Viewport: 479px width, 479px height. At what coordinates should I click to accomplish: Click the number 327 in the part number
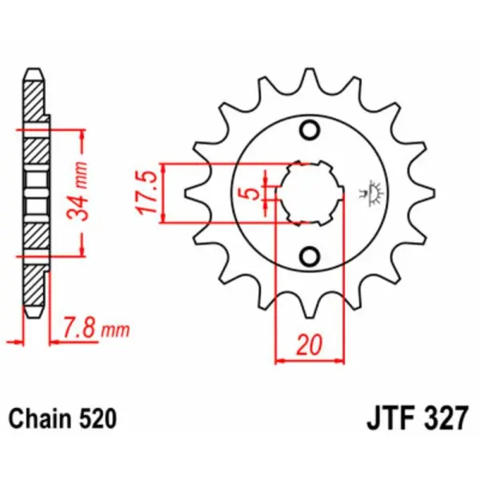pyautogui.click(x=441, y=418)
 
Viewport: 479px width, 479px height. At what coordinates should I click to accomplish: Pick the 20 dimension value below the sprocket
pyautogui.click(x=309, y=345)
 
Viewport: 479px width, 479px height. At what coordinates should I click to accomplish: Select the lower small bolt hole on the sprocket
pyautogui.click(x=308, y=255)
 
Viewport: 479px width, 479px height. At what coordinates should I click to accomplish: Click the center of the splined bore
pyautogui.click(x=309, y=193)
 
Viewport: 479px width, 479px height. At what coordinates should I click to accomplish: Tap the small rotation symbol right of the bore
pyautogui.click(x=371, y=192)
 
